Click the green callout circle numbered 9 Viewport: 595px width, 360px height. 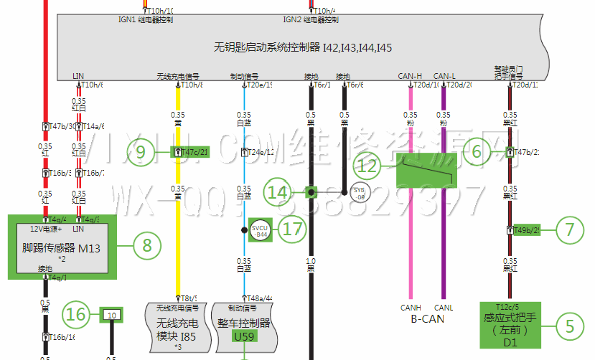(x=141, y=152)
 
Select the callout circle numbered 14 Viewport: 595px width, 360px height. (x=278, y=192)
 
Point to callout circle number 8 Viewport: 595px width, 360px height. (x=147, y=246)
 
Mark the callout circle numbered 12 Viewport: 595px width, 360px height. (x=368, y=167)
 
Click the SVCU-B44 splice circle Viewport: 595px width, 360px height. (x=260, y=230)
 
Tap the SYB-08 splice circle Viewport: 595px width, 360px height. (x=360, y=192)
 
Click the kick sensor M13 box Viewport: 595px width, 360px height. (x=61, y=247)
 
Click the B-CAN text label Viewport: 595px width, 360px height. (x=427, y=319)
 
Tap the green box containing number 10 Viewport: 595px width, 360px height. (x=111, y=314)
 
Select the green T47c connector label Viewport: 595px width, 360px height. (x=189, y=152)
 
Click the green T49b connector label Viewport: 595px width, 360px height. (x=526, y=230)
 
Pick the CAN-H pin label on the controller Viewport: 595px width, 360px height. (x=410, y=76)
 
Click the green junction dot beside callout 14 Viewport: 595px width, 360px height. (x=311, y=192)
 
